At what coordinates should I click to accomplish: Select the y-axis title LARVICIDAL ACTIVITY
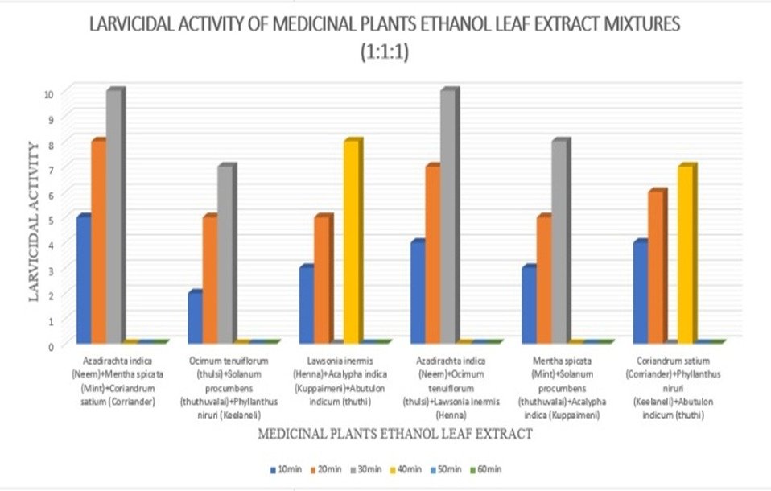pyautogui.click(x=35, y=221)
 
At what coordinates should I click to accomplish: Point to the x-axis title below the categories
pyautogui.click(x=394, y=435)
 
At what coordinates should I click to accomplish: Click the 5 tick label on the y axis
pyautogui.click(x=50, y=220)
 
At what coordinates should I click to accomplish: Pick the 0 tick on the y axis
pyautogui.click(x=50, y=346)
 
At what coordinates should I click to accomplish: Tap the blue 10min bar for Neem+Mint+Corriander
pyautogui.click(x=82, y=279)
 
